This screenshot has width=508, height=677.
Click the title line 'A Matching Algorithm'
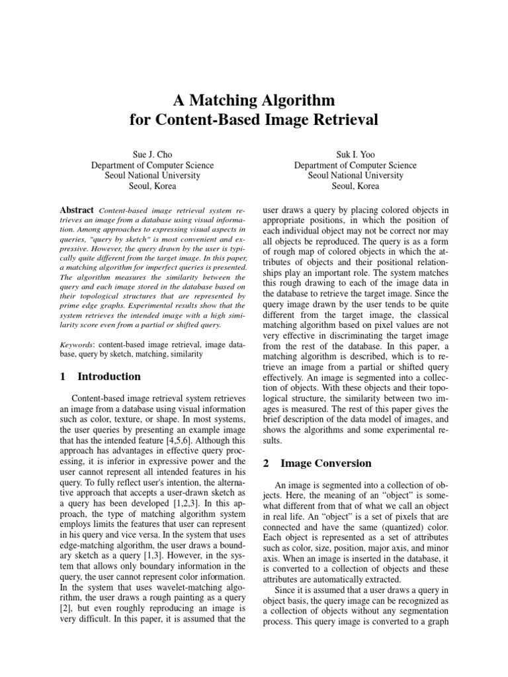(254, 100)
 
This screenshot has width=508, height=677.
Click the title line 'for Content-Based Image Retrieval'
(254, 120)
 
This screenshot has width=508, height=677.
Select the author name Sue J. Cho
(152, 154)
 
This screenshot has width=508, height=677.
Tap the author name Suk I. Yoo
(355, 154)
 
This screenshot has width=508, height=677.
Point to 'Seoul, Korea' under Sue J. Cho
(152, 186)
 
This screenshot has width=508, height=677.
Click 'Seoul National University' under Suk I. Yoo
(355, 176)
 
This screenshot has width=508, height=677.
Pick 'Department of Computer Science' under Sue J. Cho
(152, 165)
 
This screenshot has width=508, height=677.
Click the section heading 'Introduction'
(109, 377)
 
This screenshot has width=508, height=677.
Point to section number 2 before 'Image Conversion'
(265, 463)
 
